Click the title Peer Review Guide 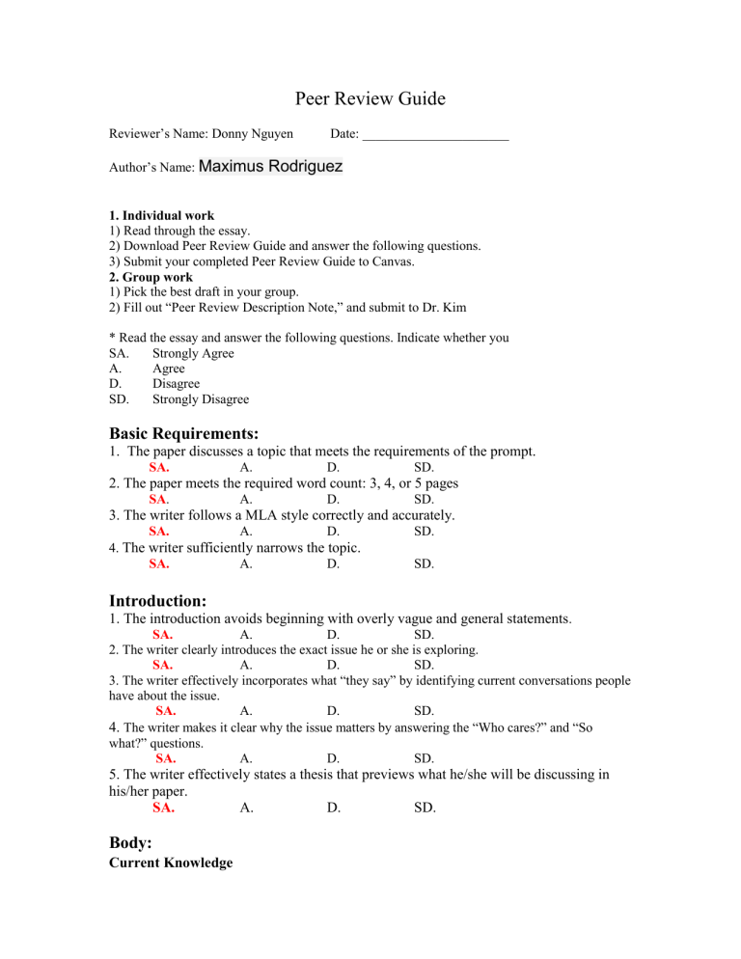(x=370, y=98)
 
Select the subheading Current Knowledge (x=170, y=863)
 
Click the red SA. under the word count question (x=160, y=500)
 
